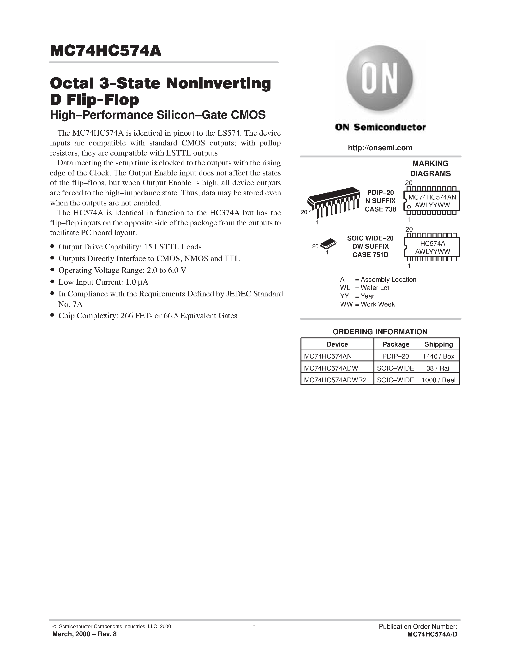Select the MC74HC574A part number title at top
(x=106, y=51)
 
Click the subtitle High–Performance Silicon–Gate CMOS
(x=158, y=115)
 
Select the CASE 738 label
(x=380, y=209)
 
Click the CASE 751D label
(x=370, y=255)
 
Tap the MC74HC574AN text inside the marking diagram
(x=432, y=197)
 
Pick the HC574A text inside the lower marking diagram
(x=432, y=244)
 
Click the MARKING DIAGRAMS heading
(x=430, y=168)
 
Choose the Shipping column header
(x=438, y=344)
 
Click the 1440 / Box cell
(x=438, y=356)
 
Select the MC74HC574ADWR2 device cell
(x=335, y=380)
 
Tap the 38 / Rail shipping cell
(x=438, y=368)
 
